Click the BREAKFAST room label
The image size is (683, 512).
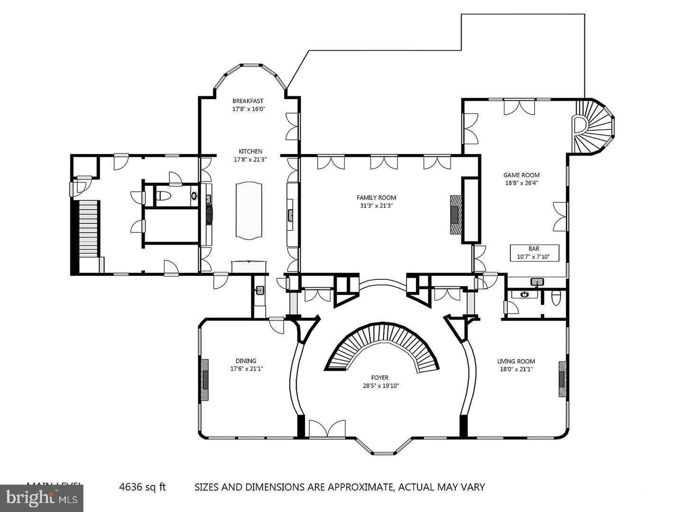[248, 101]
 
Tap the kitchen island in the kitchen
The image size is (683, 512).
[249, 210]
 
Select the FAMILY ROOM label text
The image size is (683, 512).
[376, 198]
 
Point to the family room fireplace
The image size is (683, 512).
[455, 215]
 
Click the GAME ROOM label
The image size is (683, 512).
[521, 175]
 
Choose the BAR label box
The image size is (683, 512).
[534, 253]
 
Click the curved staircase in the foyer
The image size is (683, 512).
[382, 346]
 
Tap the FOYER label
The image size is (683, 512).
[379, 378]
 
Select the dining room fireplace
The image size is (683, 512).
[205, 380]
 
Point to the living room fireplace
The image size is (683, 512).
[563, 379]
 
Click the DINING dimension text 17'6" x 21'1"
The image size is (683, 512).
[247, 369]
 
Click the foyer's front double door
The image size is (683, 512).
[327, 429]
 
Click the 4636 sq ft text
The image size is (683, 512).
[142, 487]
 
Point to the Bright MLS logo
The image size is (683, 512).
[41, 498]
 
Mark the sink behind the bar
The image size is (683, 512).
[536, 283]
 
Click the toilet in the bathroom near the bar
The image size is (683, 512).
[556, 298]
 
